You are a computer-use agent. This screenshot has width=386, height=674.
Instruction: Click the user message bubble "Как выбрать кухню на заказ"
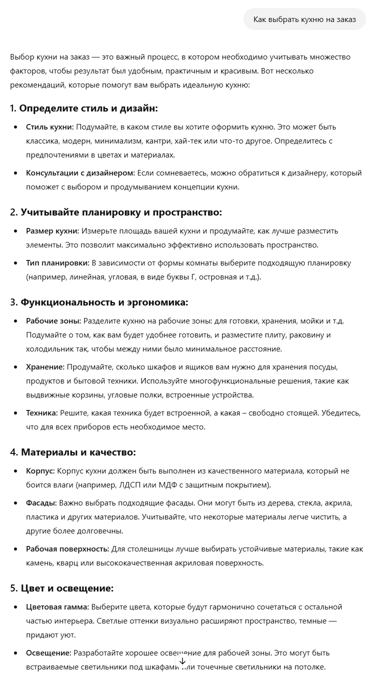pyautogui.click(x=304, y=19)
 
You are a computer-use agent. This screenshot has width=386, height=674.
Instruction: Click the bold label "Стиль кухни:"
pyautogui.click(x=50, y=127)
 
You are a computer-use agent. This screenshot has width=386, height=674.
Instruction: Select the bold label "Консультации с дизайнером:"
pyautogui.click(x=80, y=173)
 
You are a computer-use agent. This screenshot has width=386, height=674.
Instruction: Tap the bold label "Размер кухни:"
pyautogui.click(x=52, y=231)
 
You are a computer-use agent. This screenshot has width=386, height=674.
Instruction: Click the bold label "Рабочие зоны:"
pyautogui.click(x=53, y=321)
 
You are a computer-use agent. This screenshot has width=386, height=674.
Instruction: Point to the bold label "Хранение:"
pyautogui.click(x=45, y=367)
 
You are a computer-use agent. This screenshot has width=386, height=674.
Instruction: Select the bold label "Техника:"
pyautogui.click(x=42, y=413)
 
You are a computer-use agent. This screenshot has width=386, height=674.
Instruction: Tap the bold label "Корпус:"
pyautogui.click(x=40, y=471)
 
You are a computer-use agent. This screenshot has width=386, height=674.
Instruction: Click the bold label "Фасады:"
pyautogui.click(x=41, y=503)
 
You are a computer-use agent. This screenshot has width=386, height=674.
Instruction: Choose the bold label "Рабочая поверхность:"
pyautogui.click(x=67, y=549)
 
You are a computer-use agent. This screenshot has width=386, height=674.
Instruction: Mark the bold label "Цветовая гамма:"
pyautogui.click(x=57, y=607)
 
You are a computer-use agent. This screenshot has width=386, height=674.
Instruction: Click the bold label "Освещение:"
pyautogui.click(x=48, y=653)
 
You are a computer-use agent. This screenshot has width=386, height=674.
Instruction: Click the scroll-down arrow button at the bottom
pyautogui.click(x=182, y=661)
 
